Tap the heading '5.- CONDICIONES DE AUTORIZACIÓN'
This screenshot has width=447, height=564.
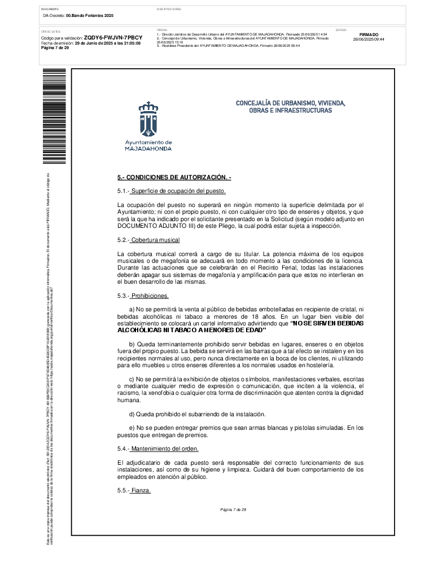tap(174, 178)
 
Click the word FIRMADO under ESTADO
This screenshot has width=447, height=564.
tap(369, 34)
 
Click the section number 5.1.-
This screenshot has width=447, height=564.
tap(123, 191)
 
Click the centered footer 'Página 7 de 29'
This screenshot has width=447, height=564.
tap(233, 510)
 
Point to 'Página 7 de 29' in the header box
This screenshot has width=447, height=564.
tap(55, 48)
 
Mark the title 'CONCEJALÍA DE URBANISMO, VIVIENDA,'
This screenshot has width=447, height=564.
tap(290, 103)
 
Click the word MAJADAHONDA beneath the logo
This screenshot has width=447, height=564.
tap(148, 148)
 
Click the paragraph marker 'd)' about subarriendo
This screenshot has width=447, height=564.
tap(133, 414)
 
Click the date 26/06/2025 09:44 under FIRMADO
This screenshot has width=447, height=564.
tap(369, 39)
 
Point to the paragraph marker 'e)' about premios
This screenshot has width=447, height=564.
tap(133, 428)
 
